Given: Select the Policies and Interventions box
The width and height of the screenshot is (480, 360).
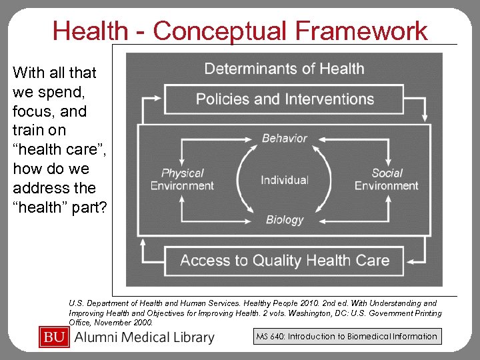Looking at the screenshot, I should pos(284,99).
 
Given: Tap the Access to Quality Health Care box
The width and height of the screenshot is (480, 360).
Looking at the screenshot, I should pos(284,260).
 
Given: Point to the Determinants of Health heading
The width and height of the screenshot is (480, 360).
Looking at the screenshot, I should pos(284,69).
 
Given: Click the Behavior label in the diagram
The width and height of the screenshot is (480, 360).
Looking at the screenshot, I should pos(285,139).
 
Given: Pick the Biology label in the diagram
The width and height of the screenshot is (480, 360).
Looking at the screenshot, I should pos(285,219).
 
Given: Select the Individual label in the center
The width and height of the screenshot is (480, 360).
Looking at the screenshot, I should pos(285,180).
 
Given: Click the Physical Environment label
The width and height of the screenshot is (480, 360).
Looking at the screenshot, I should pos(182,179).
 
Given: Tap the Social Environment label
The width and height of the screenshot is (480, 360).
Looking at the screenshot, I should pos(387,179).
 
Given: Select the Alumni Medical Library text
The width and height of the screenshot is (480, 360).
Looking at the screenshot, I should pos(145,337).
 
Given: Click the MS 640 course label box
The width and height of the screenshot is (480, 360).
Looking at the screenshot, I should pos(346,337).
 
